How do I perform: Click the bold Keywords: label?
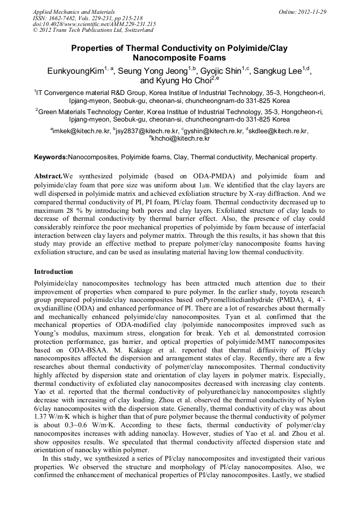coord(51,157)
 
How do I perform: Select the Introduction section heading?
coord(54,272)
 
